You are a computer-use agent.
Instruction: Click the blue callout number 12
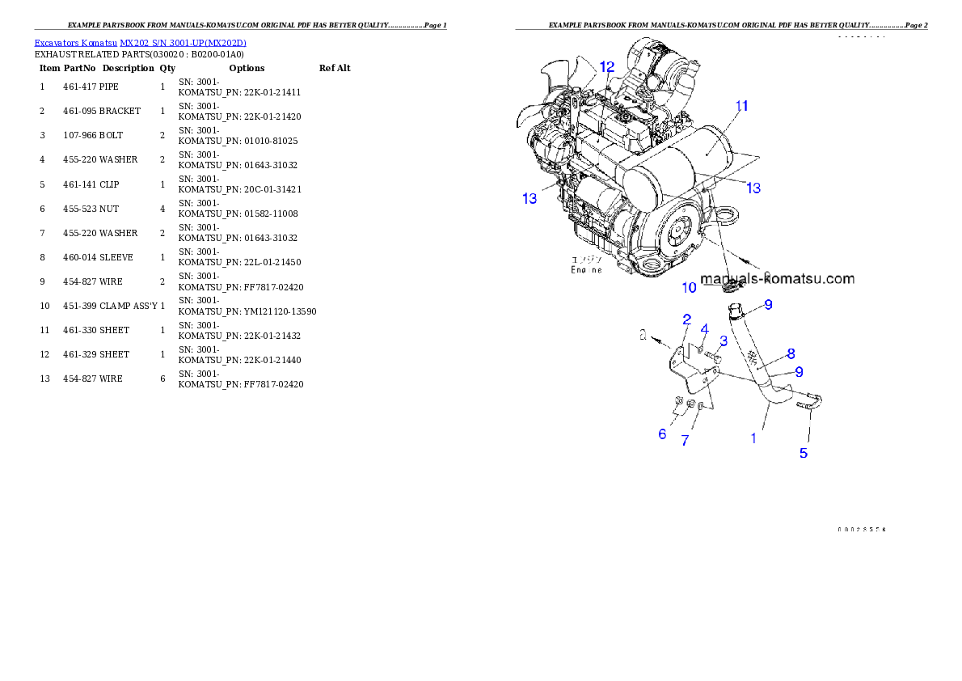tap(606, 66)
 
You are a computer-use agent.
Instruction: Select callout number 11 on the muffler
tap(741, 106)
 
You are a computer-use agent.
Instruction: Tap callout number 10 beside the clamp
tap(689, 287)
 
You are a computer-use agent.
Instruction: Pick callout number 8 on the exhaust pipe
tap(791, 353)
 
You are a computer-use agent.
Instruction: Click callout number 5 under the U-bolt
tap(804, 453)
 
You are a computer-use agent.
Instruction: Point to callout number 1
tap(753, 438)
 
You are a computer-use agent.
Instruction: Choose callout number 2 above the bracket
tap(686, 319)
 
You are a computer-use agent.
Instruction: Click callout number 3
tap(724, 340)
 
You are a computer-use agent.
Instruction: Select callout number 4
tap(704, 328)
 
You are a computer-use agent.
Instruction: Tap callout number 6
tap(662, 434)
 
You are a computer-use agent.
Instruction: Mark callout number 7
tap(685, 441)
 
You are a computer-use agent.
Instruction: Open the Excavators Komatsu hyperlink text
tap(140, 43)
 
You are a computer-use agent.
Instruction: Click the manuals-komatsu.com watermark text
tap(778, 279)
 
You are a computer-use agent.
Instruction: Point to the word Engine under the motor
tap(586, 270)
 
